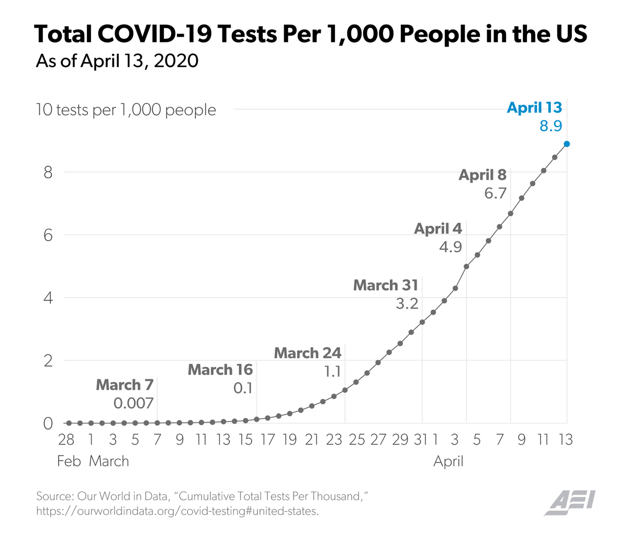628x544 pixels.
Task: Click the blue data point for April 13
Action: pyautogui.click(x=567, y=144)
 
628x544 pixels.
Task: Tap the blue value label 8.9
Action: pyautogui.click(x=551, y=126)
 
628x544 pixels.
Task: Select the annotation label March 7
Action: pyautogui.click(x=125, y=385)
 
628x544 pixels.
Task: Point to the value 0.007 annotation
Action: pyautogui.click(x=133, y=403)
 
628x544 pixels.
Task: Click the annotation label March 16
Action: pyautogui.click(x=220, y=370)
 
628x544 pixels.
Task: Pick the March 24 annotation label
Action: pyautogui.click(x=308, y=353)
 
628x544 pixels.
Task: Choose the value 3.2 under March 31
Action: pyautogui.click(x=407, y=303)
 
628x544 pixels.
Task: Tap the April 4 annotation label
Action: pyautogui.click(x=438, y=229)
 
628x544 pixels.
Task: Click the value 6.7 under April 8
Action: pyautogui.click(x=495, y=194)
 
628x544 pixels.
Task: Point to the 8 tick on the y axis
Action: pyautogui.click(x=48, y=172)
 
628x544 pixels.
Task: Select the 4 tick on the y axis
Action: pyautogui.click(x=48, y=298)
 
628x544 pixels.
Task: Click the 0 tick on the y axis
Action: pyautogui.click(x=48, y=423)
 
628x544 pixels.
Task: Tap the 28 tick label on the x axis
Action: pyautogui.click(x=66, y=439)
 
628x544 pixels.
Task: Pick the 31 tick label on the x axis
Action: pyautogui.click(x=421, y=439)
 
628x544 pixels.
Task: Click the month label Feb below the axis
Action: pyautogui.click(x=69, y=461)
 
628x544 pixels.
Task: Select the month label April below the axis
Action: pyautogui.click(x=448, y=461)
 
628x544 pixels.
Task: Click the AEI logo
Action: pyautogui.click(x=569, y=503)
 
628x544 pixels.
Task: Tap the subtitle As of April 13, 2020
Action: pyautogui.click(x=117, y=61)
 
